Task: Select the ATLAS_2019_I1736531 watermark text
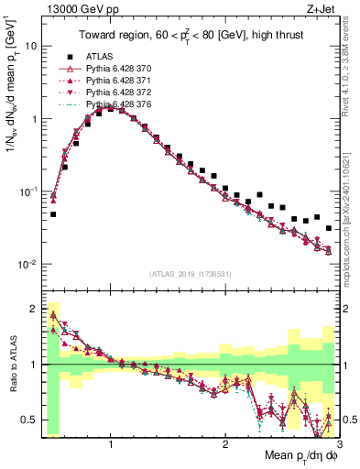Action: [190, 274]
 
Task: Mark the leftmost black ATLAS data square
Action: [53, 214]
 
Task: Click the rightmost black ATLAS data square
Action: [329, 228]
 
